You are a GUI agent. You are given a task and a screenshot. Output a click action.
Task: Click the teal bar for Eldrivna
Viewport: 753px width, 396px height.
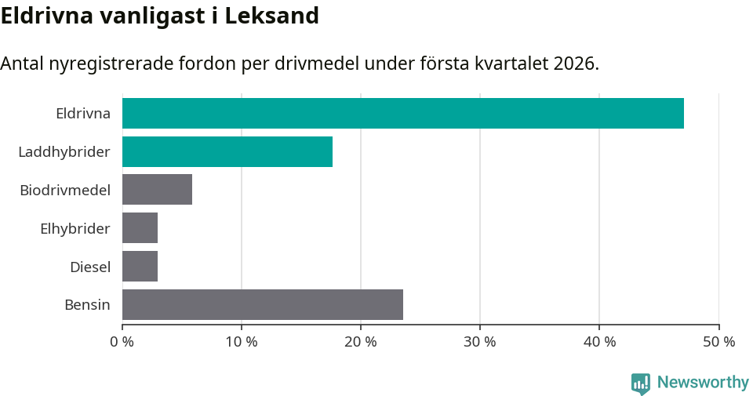pyautogui.click(x=402, y=113)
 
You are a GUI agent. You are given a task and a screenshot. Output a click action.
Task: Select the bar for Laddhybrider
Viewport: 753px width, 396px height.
pyautogui.click(x=227, y=151)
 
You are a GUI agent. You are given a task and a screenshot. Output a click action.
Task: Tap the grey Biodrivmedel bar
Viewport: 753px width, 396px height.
pyautogui.click(x=157, y=190)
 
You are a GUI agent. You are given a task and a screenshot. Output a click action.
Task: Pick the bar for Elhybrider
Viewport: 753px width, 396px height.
pyautogui.click(x=140, y=228)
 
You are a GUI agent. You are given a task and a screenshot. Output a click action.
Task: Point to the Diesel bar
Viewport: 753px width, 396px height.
pyautogui.click(x=140, y=267)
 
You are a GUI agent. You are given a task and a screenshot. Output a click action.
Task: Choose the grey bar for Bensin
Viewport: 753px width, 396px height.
pyautogui.click(x=263, y=304)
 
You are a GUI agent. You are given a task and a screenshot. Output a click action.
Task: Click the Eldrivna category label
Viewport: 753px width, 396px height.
pyautogui.click(x=82, y=113)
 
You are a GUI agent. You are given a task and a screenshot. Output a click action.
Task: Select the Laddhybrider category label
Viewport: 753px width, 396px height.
pyautogui.click(x=64, y=151)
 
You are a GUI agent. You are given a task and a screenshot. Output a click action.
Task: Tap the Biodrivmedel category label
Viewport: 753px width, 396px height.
pyautogui.click(x=64, y=190)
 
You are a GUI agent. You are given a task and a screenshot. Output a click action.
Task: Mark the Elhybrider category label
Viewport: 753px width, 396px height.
pyautogui.click(x=75, y=228)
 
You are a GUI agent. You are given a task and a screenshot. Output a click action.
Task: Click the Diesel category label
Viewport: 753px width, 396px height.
pyautogui.click(x=89, y=267)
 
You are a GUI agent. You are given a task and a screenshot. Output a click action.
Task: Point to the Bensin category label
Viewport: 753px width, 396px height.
pyautogui.click(x=87, y=304)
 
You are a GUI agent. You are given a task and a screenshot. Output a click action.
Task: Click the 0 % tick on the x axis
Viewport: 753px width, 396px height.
pyautogui.click(x=122, y=342)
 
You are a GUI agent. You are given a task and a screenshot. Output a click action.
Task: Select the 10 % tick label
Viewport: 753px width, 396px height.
pyautogui.click(x=242, y=342)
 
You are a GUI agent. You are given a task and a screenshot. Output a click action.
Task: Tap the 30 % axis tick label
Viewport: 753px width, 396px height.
pyautogui.click(x=480, y=342)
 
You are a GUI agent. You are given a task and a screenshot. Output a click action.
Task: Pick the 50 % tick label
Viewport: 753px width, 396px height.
pyautogui.click(x=718, y=342)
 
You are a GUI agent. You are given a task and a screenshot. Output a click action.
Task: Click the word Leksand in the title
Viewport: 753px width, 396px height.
pyautogui.click(x=271, y=16)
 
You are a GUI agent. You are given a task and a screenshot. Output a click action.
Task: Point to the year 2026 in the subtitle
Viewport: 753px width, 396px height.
pyautogui.click(x=574, y=64)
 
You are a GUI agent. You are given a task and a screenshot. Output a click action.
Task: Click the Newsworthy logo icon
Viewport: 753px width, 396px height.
pyautogui.click(x=640, y=383)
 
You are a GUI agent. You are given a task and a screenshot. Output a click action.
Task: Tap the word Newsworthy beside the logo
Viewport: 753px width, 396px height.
pyautogui.click(x=703, y=383)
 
